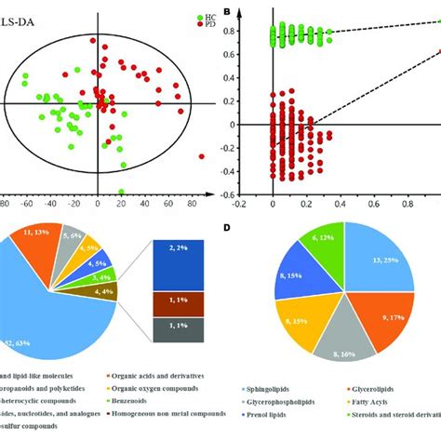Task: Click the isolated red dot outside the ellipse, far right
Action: point(202,157)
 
